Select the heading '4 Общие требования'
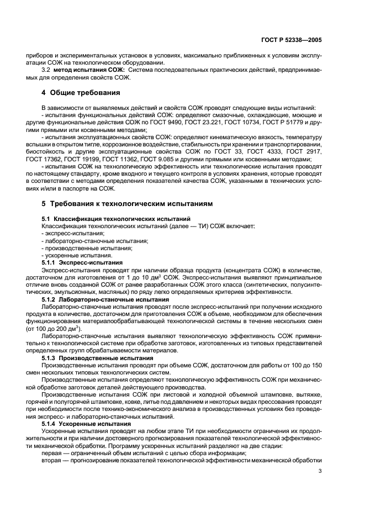tap(81, 92)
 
